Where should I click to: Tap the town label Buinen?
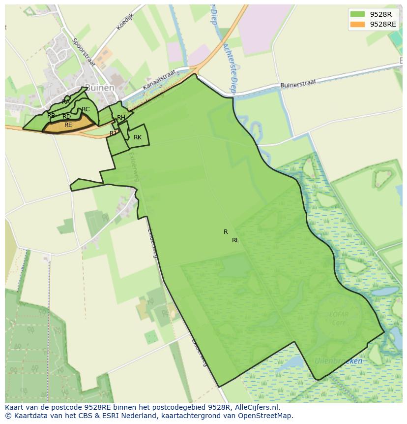100,88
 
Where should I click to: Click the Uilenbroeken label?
339,361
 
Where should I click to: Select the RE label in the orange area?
68,125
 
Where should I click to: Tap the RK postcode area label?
138,137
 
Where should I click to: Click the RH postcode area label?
121,118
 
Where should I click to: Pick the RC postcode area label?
86,109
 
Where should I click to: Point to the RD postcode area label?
66,117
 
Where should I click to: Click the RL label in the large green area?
235,240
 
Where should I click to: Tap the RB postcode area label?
51,116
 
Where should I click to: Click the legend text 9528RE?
383,24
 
